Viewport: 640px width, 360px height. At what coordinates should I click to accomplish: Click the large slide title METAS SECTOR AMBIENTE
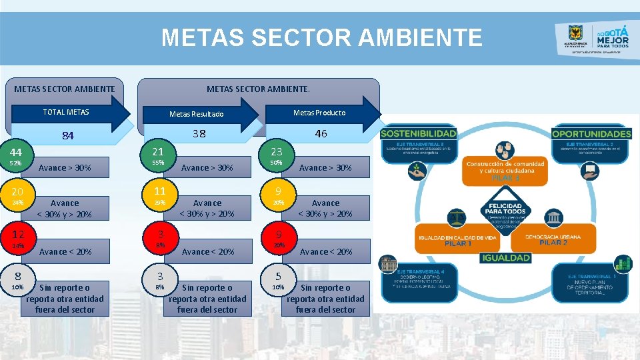pos(321,37)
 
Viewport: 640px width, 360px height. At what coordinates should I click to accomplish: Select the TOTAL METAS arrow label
pos(66,112)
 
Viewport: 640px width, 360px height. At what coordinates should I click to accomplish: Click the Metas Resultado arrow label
pos(196,114)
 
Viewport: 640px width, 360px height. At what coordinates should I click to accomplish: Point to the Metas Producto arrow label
pos(319,113)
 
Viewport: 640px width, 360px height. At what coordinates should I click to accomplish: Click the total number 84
pos(67,136)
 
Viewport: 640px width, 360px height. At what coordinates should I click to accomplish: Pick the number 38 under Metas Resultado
pos(199,133)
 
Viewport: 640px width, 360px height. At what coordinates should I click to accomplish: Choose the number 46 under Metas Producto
pos(321,133)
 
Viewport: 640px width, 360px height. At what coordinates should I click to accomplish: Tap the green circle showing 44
pos(15,153)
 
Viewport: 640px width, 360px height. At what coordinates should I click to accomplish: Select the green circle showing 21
pos(159,152)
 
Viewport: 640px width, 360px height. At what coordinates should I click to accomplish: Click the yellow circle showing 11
pos(159,191)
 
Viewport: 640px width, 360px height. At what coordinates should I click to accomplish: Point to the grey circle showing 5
pos(277,275)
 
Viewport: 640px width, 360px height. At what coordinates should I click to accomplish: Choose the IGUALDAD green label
pos(506,257)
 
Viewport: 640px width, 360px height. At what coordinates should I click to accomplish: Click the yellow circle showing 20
pos(17,191)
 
